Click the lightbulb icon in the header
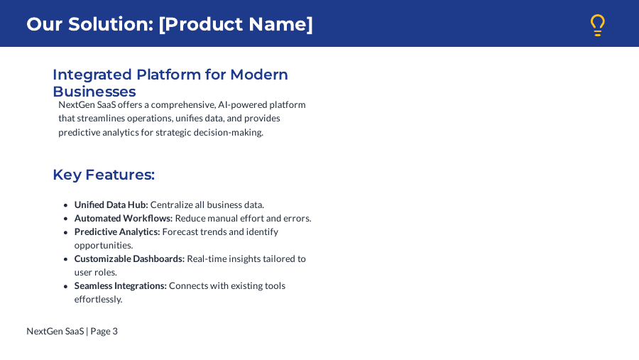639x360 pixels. pyautogui.click(x=598, y=25)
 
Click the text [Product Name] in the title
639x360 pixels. pyautogui.click(x=236, y=24)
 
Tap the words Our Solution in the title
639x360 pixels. pyautogui.click(x=89, y=24)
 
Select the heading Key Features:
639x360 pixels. pyautogui.click(x=104, y=175)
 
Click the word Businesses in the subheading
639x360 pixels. pyautogui.click(x=94, y=92)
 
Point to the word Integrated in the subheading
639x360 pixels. pyautogui.click(x=92, y=75)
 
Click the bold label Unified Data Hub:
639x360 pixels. pyautogui.click(x=111, y=204)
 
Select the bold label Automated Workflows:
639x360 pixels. pyautogui.click(x=124, y=218)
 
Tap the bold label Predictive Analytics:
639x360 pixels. pyautogui.click(x=117, y=231)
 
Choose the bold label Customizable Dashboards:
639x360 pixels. pyautogui.click(x=129, y=258)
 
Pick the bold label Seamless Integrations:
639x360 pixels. pyautogui.click(x=121, y=285)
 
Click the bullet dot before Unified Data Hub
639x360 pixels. pyautogui.click(x=65, y=205)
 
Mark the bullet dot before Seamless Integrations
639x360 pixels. pyautogui.click(x=65, y=286)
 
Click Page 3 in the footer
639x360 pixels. pyautogui.click(x=104, y=331)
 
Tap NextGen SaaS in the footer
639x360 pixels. pyautogui.click(x=55, y=331)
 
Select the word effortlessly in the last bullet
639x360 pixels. pyautogui.click(x=98, y=299)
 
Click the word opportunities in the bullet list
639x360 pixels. pyautogui.click(x=103, y=245)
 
